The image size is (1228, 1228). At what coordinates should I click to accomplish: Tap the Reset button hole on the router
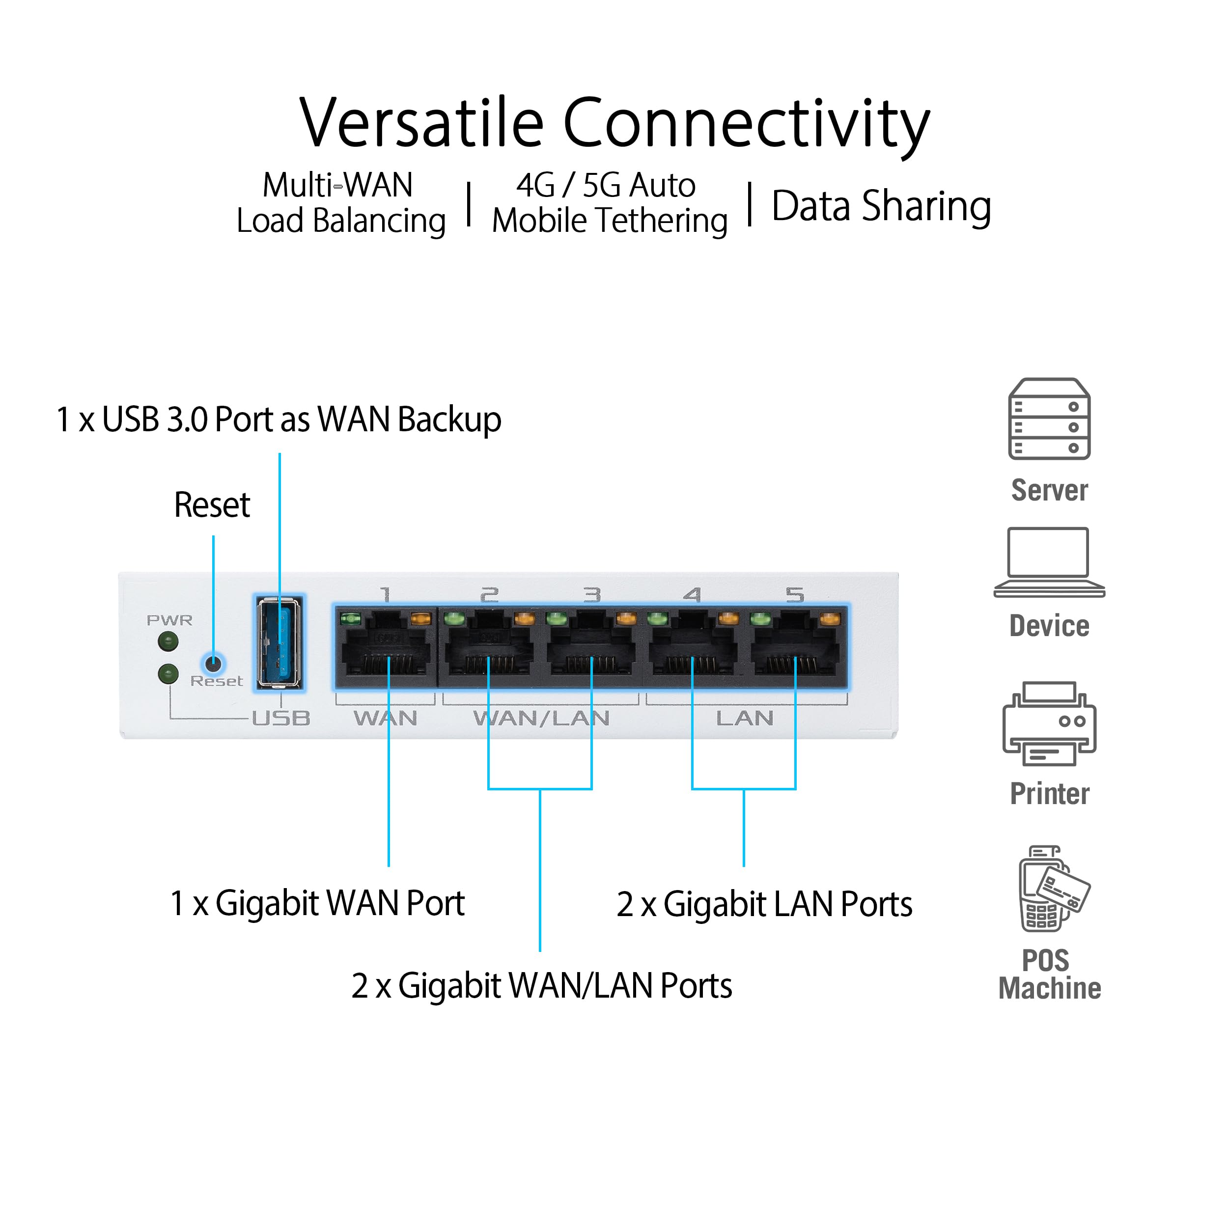(x=214, y=664)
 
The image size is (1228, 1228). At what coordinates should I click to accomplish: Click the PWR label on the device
(x=169, y=620)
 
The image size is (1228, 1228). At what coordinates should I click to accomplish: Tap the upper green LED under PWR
(x=168, y=641)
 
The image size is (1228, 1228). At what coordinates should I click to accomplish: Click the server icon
(x=1049, y=419)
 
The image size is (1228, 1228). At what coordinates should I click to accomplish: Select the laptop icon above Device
(x=1049, y=562)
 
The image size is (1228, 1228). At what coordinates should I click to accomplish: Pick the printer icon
(x=1049, y=725)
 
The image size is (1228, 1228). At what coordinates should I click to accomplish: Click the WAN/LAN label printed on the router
(x=541, y=718)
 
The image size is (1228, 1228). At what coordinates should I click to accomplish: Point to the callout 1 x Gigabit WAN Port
(x=317, y=903)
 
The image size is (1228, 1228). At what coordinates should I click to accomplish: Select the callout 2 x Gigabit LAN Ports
(x=764, y=904)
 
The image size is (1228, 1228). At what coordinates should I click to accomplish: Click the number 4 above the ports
(x=692, y=595)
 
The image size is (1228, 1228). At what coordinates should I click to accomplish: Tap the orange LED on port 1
(x=420, y=618)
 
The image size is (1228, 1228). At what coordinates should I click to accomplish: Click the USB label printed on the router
(x=281, y=718)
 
